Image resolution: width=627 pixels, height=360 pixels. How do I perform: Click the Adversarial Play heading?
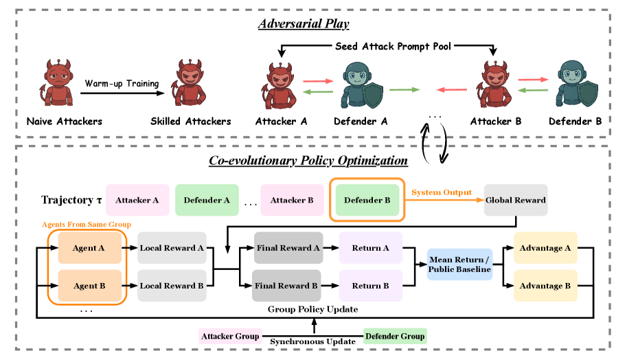pos(304,24)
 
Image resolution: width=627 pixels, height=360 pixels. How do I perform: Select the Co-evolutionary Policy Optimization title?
pos(308,161)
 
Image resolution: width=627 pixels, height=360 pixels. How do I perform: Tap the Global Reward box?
pos(516,200)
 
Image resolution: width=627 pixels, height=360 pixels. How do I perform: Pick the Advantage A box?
pos(545,247)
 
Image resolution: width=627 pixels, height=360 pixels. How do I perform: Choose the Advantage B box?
pos(545,285)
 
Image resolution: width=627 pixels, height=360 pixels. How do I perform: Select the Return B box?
pos(372,285)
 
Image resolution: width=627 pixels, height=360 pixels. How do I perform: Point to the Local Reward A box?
pos(171,247)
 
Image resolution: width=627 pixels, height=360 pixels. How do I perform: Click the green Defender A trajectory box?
pos(207,200)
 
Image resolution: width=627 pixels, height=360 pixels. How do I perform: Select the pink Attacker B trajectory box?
pos(291,200)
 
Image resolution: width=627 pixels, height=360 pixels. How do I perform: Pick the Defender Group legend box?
pos(394,336)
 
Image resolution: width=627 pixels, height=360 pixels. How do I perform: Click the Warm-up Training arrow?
pos(122,93)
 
